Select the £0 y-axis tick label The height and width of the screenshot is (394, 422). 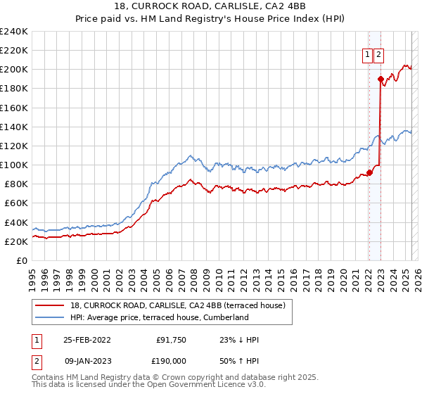(x=23, y=260)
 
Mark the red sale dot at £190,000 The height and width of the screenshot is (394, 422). (x=381, y=79)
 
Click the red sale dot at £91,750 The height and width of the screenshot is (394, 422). (x=369, y=172)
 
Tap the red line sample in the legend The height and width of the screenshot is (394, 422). (x=50, y=305)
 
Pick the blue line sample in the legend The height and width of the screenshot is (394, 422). (x=50, y=317)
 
